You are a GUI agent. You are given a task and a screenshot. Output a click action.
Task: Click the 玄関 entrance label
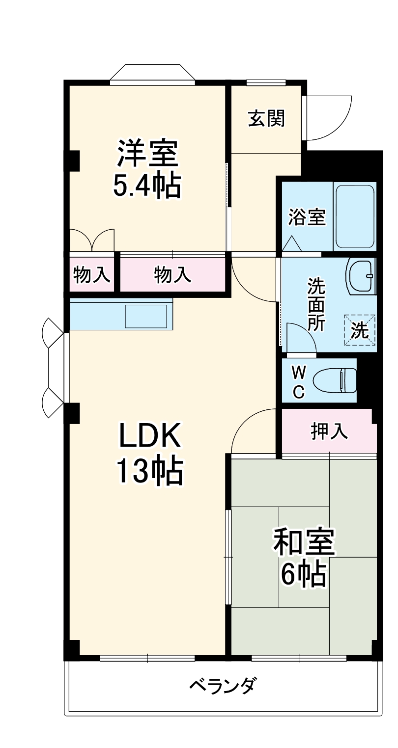[266, 118]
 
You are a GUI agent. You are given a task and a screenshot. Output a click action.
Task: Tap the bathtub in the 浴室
[354, 216]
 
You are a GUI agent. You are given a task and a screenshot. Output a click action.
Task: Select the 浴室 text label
[307, 217]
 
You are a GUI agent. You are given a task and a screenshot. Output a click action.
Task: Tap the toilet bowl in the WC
[336, 380]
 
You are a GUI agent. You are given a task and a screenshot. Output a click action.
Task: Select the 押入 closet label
[329, 431]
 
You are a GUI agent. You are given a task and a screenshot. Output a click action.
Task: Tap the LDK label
[150, 435]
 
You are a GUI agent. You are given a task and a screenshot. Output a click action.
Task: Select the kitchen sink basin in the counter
[148, 316]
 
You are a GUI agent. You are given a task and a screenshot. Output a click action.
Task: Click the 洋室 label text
[147, 153]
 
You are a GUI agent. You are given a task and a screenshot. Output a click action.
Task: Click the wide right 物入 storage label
[172, 275]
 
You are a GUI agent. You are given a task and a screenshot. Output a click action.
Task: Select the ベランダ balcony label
[223, 685]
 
